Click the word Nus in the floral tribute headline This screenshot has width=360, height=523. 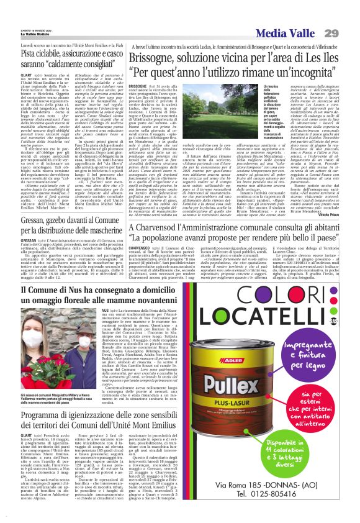tap(76, 291)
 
